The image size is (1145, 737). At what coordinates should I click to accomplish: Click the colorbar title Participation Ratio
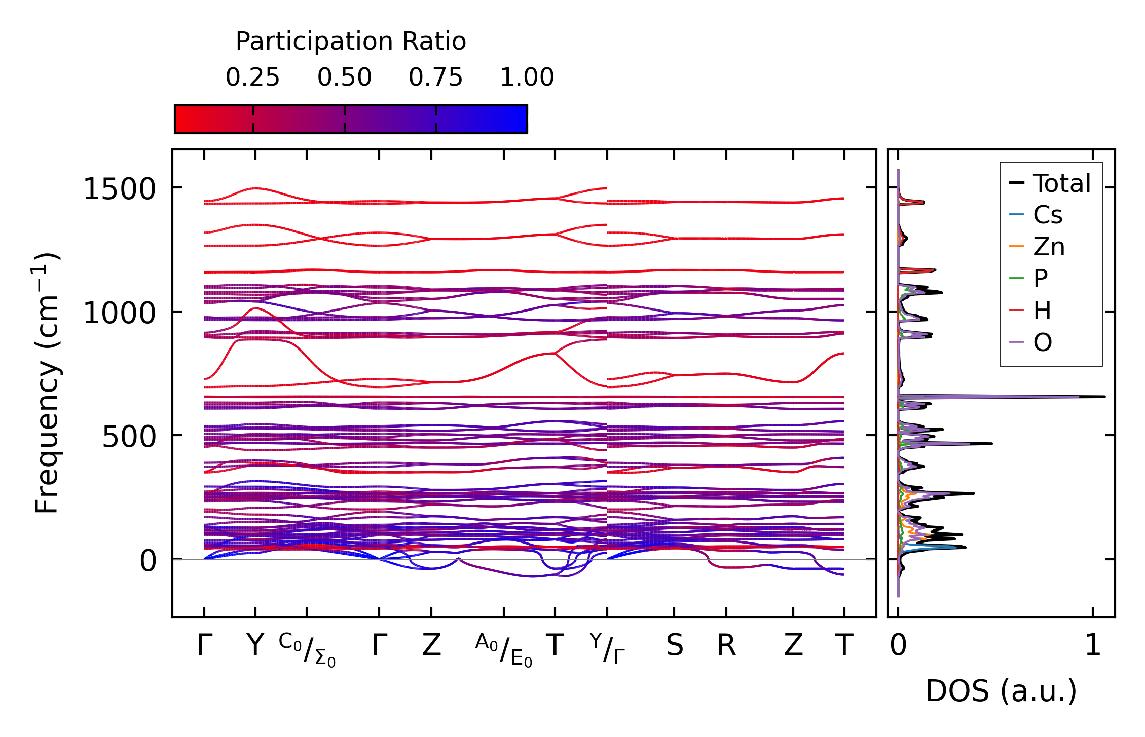(x=351, y=42)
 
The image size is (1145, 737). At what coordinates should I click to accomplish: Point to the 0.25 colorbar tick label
(x=252, y=77)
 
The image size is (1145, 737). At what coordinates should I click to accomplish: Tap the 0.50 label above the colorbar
(x=344, y=77)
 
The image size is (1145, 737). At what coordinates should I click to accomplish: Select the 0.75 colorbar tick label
(x=435, y=77)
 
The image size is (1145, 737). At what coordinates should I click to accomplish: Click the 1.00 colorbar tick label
(x=527, y=77)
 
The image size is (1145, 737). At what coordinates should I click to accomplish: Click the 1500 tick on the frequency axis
(x=119, y=190)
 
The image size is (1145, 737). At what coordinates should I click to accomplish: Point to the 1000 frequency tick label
(x=119, y=314)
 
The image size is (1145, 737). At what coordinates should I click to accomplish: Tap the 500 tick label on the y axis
(x=129, y=437)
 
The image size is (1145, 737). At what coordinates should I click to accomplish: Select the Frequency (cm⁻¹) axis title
(x=47, y=383)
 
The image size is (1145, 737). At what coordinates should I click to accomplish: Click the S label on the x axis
(x=674, y=646)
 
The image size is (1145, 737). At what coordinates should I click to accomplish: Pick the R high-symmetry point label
(x=726, y=646)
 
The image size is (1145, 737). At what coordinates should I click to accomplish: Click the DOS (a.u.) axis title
(x=1001, y=691)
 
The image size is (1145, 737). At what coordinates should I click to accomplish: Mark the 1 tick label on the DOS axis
(x=1093, y=646)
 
